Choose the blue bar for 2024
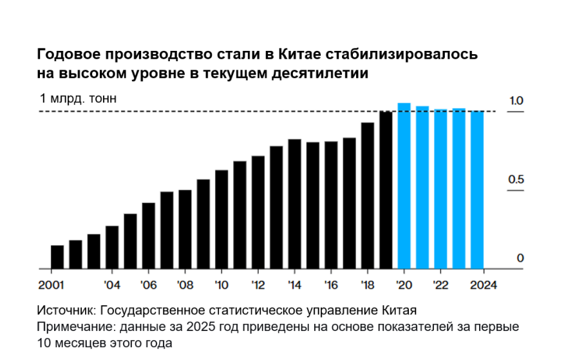point(477,189)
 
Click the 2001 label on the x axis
point(51,285)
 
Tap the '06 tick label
point(149,285)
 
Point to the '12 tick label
point(258,285)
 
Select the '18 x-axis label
point(368,285)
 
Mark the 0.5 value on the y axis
point(516,180)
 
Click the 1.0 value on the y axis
point(516,100)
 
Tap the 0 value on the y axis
point(520,258)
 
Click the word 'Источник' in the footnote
point(65,309)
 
